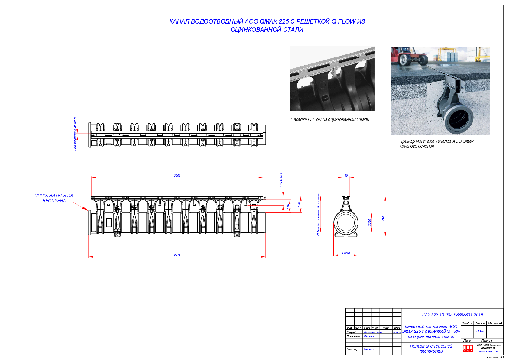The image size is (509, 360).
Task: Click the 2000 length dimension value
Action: [x=177, y=175]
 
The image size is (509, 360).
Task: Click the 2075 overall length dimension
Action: [x=177, y=255]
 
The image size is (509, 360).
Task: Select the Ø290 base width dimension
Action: [x=346, y=253]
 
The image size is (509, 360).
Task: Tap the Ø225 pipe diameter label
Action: [x=369, y=222]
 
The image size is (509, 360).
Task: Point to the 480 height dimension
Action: [x=383, y=218]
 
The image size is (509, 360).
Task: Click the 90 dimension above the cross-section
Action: [x=346, y=175]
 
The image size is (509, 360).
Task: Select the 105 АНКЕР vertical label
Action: [x=281, y=179]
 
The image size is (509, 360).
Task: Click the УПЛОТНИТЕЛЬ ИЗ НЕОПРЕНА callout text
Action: [x=54, y=198]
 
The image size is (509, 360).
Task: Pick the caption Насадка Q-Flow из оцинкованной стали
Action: [x=330, y=120]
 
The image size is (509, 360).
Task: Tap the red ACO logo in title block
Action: [x=468, y=349]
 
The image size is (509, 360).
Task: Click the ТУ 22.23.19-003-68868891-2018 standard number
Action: [x=452, y=315]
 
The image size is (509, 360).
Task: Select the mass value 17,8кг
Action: [x=480, y=332]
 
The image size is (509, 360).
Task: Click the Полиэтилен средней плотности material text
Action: [x=431, y=349]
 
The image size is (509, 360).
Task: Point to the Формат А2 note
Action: [x=495, y=358]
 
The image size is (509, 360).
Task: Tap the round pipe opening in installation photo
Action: [x=459, y=119]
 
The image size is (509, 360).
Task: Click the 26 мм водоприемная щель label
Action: [x=75, y=135]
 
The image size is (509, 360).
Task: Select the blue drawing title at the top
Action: [x=267, y=25]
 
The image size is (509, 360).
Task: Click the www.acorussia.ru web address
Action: [x=488, y=352]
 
